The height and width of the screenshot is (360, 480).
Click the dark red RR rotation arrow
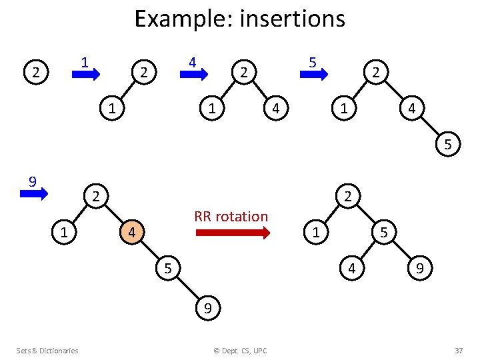tap(233, 233)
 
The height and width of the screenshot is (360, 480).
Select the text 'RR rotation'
tap(231, 216)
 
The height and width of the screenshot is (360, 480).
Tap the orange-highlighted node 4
tap(132, 233)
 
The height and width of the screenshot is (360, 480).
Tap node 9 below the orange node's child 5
tap(208, 308)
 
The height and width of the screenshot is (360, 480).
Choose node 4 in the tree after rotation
tap(352, 269)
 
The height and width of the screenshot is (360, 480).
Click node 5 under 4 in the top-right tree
tap(448, 144)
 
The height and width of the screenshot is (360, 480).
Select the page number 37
tap(458, 351)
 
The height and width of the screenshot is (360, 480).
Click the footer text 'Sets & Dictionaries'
tap(47, 351)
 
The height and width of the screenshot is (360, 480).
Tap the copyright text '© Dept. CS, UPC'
tap(239, 351)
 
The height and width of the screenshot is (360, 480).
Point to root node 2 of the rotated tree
tap(349, 196)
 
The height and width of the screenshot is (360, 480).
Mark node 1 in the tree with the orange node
tap(63, 233)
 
